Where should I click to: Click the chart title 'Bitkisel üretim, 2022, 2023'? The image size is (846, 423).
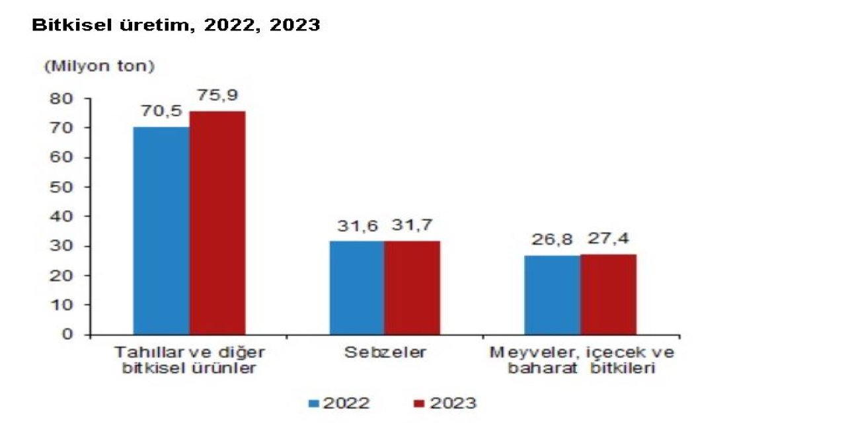tap(176, 26)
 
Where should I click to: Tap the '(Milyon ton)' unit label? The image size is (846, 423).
tap(99, 66)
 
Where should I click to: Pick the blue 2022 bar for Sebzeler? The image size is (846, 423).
tap(357, 288)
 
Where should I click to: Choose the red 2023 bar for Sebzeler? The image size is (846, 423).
tap(412, 288)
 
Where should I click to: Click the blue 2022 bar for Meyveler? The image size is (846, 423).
tap(553, 295)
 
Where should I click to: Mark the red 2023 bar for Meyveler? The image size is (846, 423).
tap(609, 294)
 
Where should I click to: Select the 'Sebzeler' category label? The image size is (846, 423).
tap(385, 352)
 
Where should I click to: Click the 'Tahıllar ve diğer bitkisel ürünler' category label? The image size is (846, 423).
tap(189, 360)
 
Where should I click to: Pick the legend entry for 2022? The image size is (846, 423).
tap(338, 403)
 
